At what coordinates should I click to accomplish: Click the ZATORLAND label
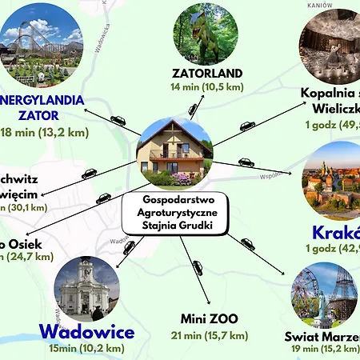point(207,74)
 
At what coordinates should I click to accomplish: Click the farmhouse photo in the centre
point(174,153)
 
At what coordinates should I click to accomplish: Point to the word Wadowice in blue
point(86,331)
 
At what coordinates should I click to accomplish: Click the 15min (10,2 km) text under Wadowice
point(86,348)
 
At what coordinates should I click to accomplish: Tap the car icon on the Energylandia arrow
point(118,121)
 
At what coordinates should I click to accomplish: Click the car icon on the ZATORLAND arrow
point(193,110)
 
